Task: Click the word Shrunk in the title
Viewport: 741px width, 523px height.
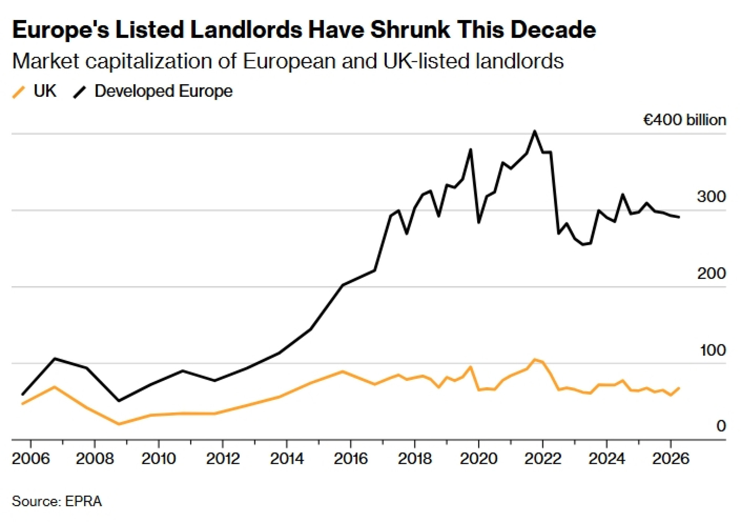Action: [410, 30]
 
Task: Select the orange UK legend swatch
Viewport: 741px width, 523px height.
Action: [19, 92]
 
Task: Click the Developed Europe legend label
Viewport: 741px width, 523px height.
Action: [163, 91]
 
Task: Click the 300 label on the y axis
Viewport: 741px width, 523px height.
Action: [711, 197]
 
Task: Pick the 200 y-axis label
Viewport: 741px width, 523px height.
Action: [711, 273]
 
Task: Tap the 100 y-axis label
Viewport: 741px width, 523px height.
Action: [712, 350]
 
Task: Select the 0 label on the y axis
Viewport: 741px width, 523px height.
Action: [721, 426]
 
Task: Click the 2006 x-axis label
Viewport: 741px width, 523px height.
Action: [31, 458]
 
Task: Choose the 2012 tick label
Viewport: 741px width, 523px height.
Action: [223, 458]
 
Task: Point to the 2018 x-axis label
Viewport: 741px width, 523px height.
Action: [415, 458]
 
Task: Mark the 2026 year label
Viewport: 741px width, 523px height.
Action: [671, 458]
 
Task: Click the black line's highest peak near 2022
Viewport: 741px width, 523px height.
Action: [534, 131]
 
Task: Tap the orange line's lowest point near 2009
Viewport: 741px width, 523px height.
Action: [119, 424]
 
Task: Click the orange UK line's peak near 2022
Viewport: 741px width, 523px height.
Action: [534, 359]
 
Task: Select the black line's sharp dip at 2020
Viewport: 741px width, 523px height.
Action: [479, 222]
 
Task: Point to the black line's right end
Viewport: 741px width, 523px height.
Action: [679, 217]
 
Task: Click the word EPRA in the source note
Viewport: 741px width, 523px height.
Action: [83, 501]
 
